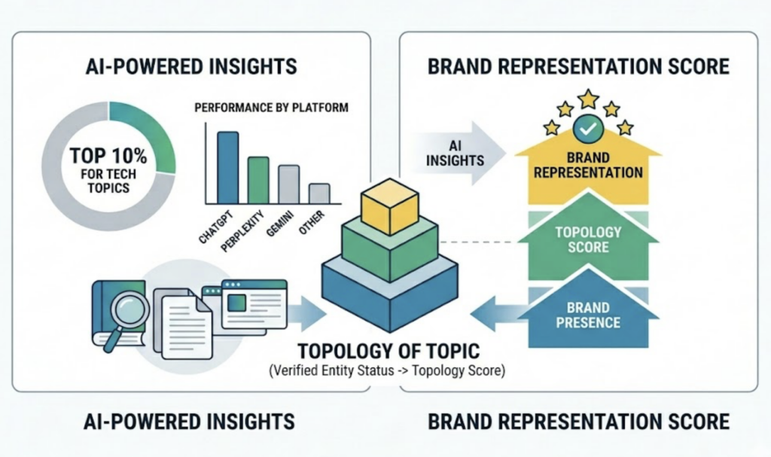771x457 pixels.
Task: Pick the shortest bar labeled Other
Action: tap(319, 193)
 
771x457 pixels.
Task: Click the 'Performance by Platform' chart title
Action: tap(271, 108)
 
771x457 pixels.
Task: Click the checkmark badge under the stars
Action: tap(587, 129)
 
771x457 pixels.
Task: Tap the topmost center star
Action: tap(587, 99)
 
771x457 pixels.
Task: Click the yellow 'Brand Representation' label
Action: tap(588, 165)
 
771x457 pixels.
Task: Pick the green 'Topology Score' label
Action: tap(588, 239)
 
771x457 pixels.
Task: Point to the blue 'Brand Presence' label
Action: tap(588, 315)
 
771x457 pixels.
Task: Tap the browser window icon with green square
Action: tap(254, 303)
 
